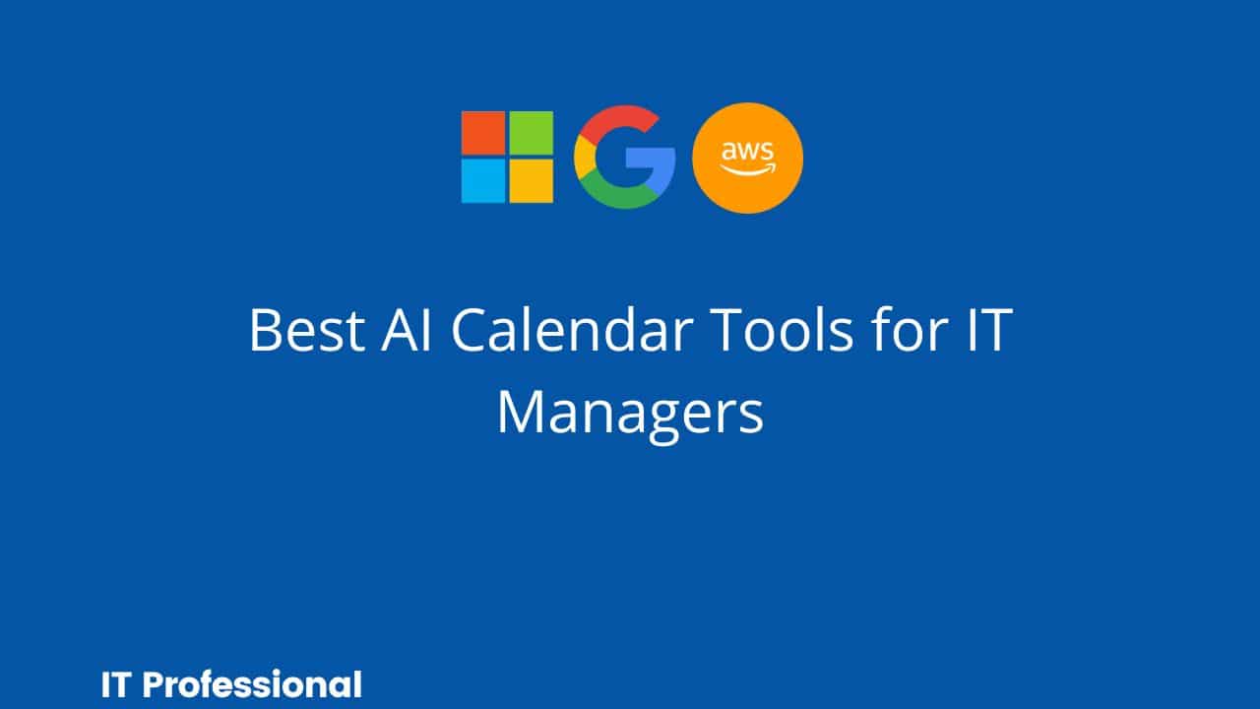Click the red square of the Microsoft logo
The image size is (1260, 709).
coord(483,133)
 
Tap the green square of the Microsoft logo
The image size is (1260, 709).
coord(531,133)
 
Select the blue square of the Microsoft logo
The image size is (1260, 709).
coord(483,180)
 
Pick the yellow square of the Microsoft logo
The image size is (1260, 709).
coord(531,180)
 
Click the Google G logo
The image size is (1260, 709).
coord(624,158)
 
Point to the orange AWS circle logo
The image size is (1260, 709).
coord(748,159)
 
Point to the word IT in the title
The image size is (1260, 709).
coord(985,331)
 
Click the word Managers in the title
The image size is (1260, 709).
coord(630,414)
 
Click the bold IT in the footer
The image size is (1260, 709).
coord(114,684)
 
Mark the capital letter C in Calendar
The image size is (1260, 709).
coord(474,331)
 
